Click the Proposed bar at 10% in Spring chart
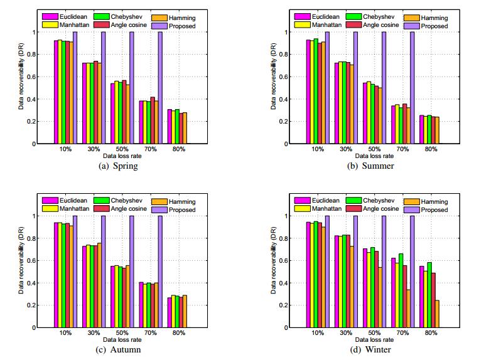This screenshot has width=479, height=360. coord(75,88)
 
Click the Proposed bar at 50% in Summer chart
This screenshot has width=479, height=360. coord(383,88)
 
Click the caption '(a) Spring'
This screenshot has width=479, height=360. coord(119,166)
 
